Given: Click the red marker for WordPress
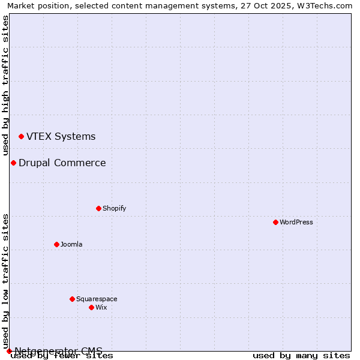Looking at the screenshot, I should click(x=275, y=222).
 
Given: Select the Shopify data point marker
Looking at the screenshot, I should click(x=98, y=208).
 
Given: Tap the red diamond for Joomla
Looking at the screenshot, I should click(x=56, y=244).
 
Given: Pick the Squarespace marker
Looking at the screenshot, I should click(x=72, y=299).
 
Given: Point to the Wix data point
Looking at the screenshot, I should click(x=91, y=307).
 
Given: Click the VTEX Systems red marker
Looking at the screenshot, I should click(x=21, y=137).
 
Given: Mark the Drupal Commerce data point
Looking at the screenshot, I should click(x=13, y=163).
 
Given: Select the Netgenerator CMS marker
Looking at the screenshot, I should click(x=9, y=351).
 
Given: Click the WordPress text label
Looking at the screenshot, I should click(x=296, y=222).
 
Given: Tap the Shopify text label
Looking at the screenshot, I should click(x=114, y=208).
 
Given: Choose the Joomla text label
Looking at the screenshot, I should click(x=71, y=244).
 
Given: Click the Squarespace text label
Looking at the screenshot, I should click(x=97, y=299).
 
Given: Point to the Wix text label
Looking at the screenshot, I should click(x=101, y=307).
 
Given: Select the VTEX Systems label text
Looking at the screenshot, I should click(x=61, y=137).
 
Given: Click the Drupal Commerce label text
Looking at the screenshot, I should click(x=62, y=163).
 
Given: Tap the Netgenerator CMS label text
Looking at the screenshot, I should click(x=58, y=351).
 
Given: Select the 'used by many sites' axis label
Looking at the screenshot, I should click(x=301, y=356).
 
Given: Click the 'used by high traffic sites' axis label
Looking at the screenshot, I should click(x=5, y=85).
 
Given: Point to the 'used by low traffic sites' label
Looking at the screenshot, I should click(x=5, y=281).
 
